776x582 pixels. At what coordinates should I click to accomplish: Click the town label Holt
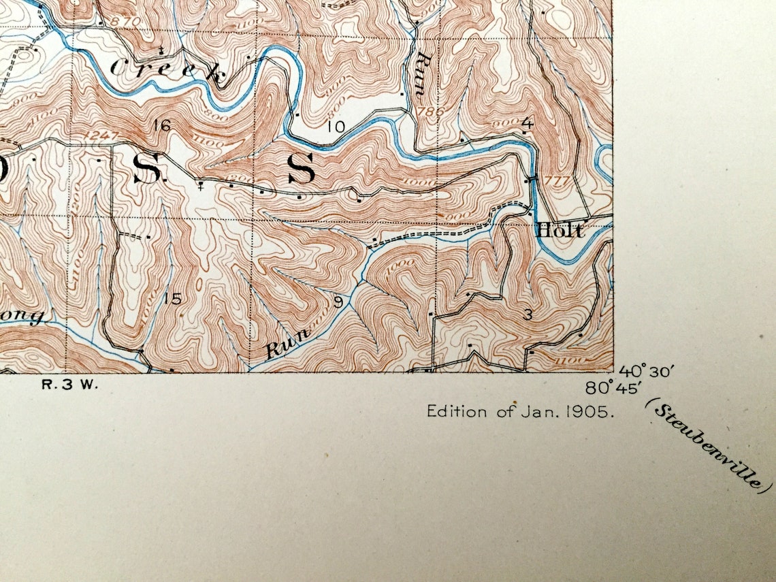[560, 231]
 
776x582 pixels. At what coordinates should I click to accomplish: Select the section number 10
[336, 126]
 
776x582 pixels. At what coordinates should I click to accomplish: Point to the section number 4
[527, 123]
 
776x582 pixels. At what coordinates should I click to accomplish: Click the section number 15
[173, 298]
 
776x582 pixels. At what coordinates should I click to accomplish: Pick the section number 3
[528, 314]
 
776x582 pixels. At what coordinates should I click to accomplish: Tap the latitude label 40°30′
[646, 372]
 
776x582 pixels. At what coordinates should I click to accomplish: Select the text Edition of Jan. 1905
[521, 411]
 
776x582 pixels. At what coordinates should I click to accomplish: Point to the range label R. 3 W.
[70, 384]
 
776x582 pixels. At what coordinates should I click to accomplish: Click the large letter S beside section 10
[301, 169]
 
